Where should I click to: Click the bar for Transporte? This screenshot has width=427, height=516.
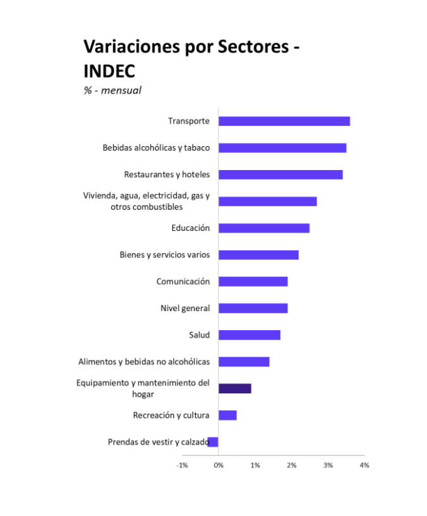(x=284, y=121)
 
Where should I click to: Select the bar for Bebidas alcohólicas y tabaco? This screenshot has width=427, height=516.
(x=282, y=148)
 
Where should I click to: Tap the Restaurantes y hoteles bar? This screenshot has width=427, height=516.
(x=280, y=175)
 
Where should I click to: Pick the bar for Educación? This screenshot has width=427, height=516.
(x=264, y=228)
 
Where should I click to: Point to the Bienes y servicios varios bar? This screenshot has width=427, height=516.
(x=258, y=255)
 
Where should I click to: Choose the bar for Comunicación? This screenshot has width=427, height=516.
(x=253, y=281)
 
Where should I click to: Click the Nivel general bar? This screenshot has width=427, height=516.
(x=253, y=309)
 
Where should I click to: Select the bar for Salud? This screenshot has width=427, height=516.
(x=250, y=335)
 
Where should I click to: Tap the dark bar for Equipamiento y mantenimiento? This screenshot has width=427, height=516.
(x=235, y=388)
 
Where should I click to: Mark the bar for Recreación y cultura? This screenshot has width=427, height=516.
(x=227, y=415)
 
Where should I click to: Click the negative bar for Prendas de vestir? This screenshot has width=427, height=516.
(x=213, y=442)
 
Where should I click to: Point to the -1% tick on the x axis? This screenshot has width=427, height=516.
(x=182, y=465)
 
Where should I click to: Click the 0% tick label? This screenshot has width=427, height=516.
(x=219, y=465)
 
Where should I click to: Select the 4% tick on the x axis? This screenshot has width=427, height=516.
(x=364, y=465)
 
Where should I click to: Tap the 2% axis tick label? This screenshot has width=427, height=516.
(x=292, y=465)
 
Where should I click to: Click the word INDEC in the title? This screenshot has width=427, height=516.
(x=109, y=70)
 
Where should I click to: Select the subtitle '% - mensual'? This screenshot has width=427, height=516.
(x=112, y=90)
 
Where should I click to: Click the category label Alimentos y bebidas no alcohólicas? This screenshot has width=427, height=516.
(x=144, y=362)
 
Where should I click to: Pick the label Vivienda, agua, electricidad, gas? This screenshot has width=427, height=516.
(x=146, y=196)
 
